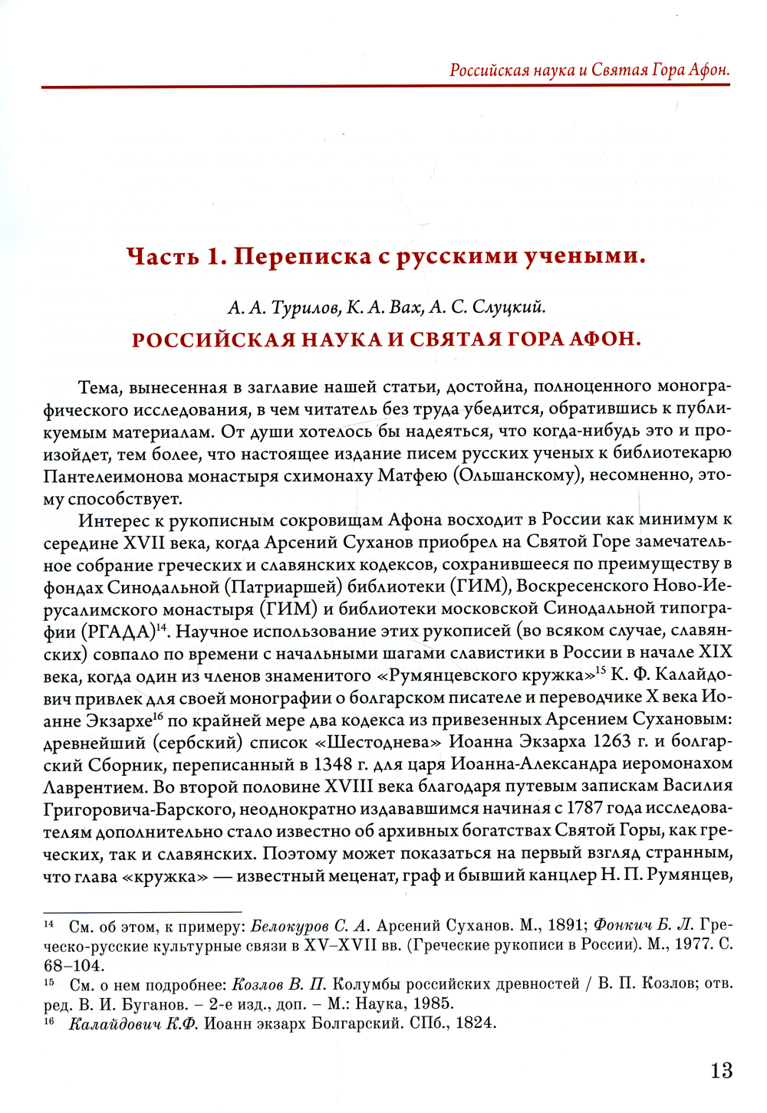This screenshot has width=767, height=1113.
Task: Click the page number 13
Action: [x=721, y=1070]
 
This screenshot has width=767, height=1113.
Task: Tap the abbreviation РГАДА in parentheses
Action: [x=117, y=632]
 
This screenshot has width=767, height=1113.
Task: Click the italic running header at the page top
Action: [x=589, y=70]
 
